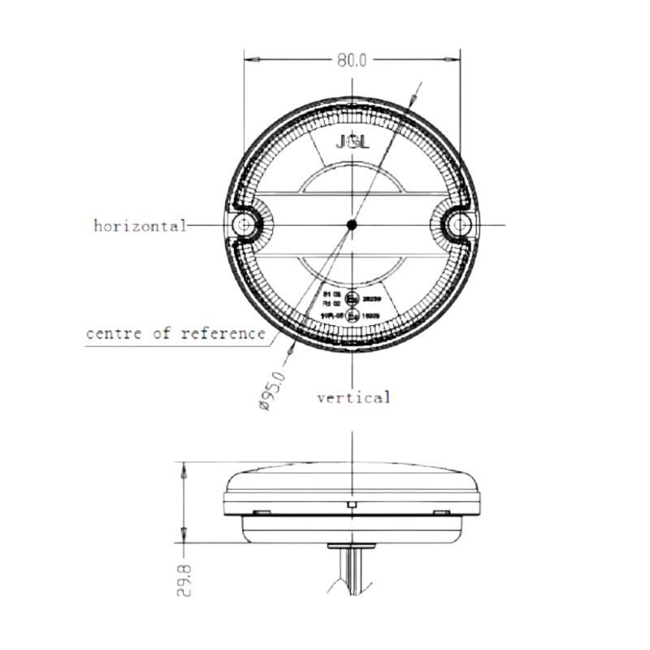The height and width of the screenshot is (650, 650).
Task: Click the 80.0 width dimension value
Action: click(x=352, y=60)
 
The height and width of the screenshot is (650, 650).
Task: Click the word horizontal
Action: click(x=140, y=225)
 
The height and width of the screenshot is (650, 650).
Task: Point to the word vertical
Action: click(x=353, y=397)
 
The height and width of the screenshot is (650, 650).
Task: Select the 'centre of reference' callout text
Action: click(x=175, y=333)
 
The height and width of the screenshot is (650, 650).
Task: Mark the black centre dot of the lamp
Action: click(x=352, y=224)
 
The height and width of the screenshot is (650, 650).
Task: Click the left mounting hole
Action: click(x=243, y=224)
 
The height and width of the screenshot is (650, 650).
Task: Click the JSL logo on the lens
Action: click(x=352, y=142)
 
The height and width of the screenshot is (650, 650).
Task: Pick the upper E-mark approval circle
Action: click(x=353, y=298)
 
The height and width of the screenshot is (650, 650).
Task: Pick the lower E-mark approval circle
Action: click(x=353, y=316)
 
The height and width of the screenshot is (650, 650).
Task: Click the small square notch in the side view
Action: click(x=352, y=506)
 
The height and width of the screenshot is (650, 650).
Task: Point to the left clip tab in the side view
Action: click(x=262, y=512)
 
